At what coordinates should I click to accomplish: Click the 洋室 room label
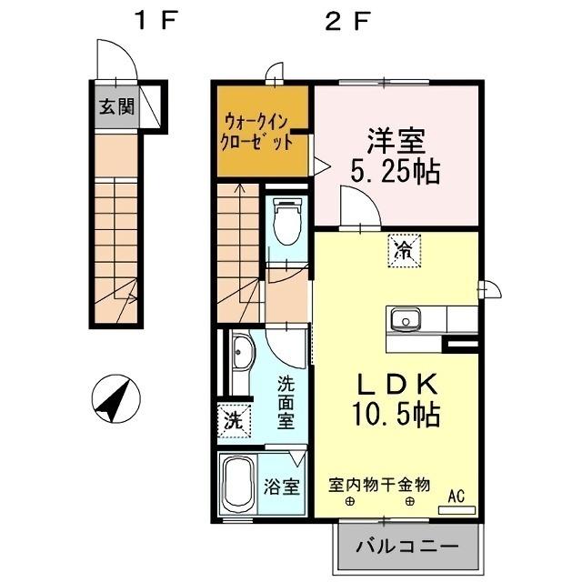396,143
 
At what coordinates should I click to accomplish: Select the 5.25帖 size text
396,171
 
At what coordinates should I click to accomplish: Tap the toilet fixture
288,220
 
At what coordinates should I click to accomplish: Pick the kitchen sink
405,320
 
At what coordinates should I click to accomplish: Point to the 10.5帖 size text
396,415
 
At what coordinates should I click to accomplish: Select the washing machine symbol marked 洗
233,421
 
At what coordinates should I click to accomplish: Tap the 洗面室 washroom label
286,401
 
